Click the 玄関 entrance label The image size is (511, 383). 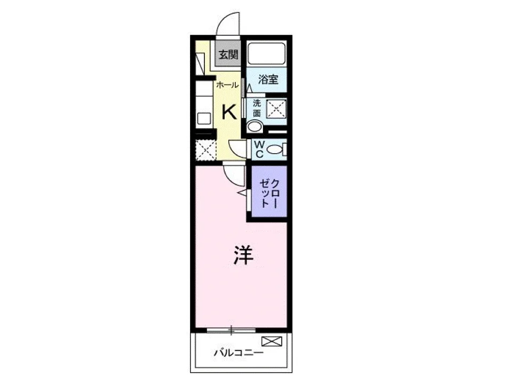tap(228, 54)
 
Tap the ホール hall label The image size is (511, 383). tap(227, 85)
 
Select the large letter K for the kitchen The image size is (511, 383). tap(229, 112)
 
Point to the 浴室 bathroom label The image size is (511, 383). tap(268, 79)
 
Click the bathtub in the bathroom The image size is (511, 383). tap(266, 54)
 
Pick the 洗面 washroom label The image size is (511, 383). tap(257, 109)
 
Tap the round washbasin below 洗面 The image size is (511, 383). tap(254, 127)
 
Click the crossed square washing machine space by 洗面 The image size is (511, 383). tap(276, 109)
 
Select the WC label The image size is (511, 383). tap(259, 149)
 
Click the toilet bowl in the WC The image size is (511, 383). tap(275, 149)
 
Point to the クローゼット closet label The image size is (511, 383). tap(269, 193)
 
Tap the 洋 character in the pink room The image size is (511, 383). tap(243, 255)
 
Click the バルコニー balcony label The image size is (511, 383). tap(238, 353)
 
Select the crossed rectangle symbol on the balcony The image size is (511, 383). tap(271, 342)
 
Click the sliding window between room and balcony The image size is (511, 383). tap(231, 330)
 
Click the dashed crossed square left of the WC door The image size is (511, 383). tap(205, 149)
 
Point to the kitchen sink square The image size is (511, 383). tap(204, 118)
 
